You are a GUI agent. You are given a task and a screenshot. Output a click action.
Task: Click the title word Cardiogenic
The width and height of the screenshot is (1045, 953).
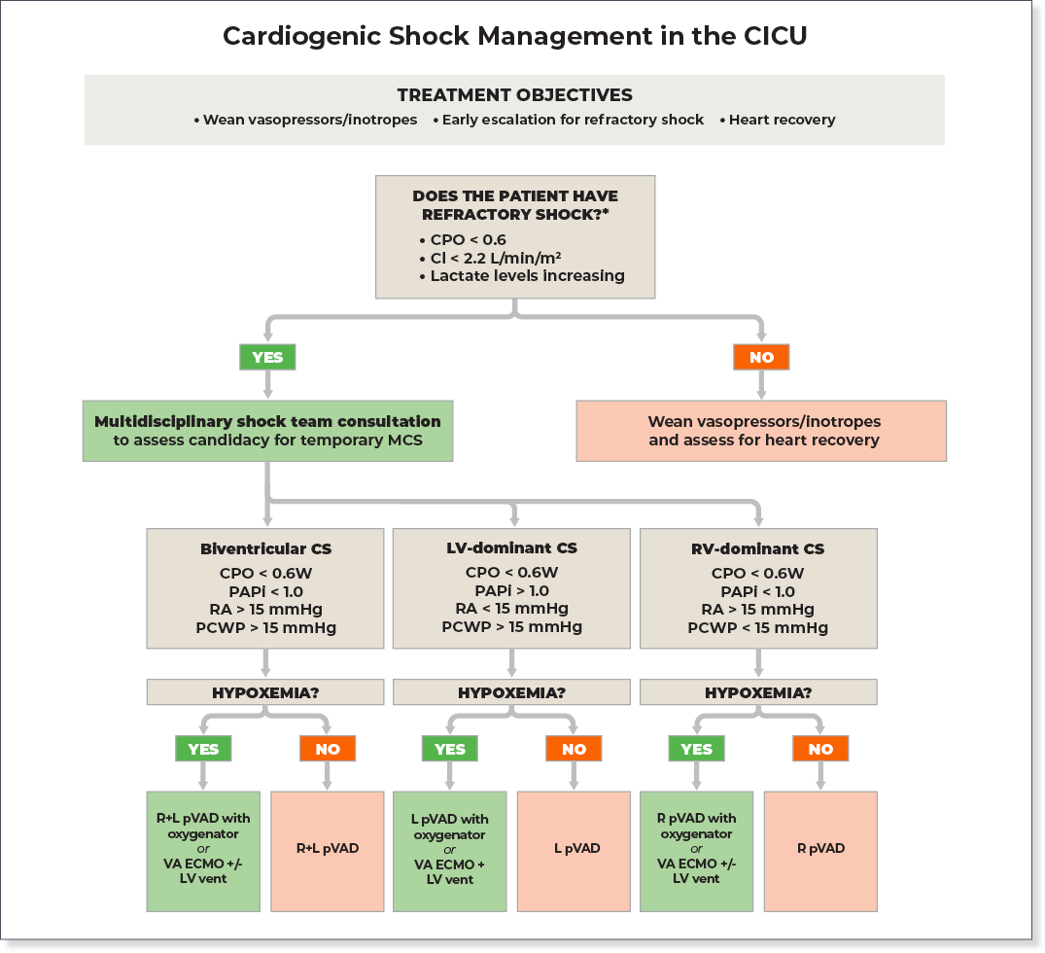point(302,37)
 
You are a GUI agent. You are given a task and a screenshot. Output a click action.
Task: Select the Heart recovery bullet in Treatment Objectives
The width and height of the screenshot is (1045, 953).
point(778,120)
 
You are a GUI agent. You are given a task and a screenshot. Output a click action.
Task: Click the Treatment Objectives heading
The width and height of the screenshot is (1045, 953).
point(514,95)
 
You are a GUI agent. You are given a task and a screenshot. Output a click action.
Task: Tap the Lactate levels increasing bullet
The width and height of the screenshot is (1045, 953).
point(523,276)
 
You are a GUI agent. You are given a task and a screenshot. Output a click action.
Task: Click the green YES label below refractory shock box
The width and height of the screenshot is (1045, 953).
point(267,357)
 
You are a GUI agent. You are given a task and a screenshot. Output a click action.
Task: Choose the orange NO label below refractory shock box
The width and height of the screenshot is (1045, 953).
point(761,357)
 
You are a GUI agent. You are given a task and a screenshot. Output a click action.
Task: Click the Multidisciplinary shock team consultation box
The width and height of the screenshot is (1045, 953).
point(267,431)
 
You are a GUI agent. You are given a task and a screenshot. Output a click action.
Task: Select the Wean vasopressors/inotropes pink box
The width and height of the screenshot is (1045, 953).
point(761,431)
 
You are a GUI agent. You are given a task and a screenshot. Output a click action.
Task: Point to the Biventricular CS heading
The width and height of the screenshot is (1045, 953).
point(266,548)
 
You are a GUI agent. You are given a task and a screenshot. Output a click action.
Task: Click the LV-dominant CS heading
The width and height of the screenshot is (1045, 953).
point(512,548)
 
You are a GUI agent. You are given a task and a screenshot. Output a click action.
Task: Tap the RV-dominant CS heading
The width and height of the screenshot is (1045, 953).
point(758,548)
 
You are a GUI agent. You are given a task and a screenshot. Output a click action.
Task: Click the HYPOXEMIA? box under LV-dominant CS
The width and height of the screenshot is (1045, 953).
point(512,692)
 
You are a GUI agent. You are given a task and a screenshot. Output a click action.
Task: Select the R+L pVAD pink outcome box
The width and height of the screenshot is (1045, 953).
point(328,851)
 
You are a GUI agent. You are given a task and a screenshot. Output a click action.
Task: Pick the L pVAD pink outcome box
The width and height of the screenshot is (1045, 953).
point(574,851)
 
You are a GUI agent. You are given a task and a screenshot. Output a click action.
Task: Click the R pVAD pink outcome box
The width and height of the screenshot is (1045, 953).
point(820,851)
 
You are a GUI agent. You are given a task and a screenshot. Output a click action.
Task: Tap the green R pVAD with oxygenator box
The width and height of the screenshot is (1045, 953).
point(696,851)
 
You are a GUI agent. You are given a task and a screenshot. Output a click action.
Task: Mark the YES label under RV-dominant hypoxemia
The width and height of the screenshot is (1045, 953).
point(696,748)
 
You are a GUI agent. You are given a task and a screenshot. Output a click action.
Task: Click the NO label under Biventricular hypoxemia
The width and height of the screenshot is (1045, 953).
point(328,748)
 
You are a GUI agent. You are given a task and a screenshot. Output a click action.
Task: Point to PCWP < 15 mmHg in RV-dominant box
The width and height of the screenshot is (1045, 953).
point(758,628)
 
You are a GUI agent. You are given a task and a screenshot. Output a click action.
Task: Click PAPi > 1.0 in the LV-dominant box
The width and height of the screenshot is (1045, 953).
point(512,591)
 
